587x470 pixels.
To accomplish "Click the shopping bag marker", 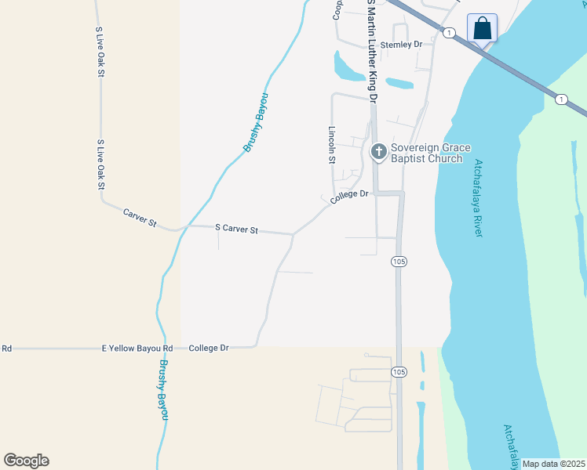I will coord(483,30).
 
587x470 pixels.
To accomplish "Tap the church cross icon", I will coord(378,151).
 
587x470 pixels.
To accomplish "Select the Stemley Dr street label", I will coord(401,45).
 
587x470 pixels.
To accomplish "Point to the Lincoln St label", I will coord(332,144).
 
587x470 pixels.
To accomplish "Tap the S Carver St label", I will coord(237,229).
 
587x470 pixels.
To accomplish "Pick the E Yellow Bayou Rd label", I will coord(137,348).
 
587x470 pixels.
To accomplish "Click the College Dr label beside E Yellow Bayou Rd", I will coord(209,348).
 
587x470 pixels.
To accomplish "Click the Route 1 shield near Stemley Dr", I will coord(448,32).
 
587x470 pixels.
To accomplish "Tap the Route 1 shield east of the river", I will coord(560,99).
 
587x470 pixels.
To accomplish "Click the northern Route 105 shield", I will coord(398,262).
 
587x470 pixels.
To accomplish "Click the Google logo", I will coord(26,461).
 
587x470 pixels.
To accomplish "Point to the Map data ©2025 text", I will coord(552,464).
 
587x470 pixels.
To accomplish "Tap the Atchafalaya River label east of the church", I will coord(477,200).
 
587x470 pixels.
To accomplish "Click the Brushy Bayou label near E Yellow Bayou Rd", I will coord(163,389).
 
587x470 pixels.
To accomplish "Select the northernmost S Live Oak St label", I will coord(100,51).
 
